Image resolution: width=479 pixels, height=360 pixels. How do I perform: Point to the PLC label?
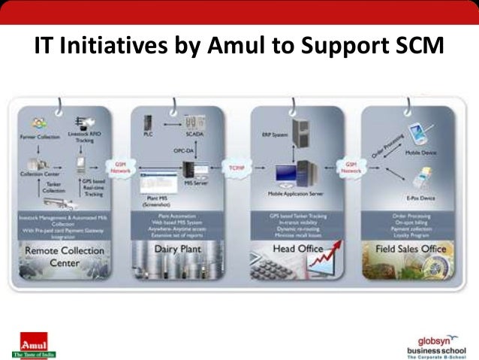coord(147,136)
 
